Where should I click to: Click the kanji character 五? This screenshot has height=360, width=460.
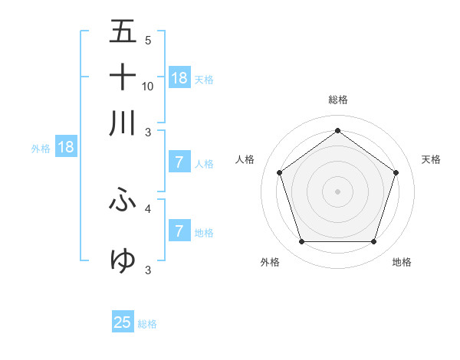pyautogui.click(x=123, y=32)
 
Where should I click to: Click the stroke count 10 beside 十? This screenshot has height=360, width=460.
pyautogui.click(x=148, y=86)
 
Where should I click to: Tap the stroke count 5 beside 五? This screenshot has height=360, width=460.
pyautogui.click(x=148, y=41)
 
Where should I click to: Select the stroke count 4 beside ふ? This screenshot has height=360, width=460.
pyautogui.click(x=148, y=208)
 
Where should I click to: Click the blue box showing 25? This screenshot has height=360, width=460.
pyautogui.click(x=123, y=322)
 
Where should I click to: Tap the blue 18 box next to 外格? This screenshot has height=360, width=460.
pyautogui.click(x=66, y=147)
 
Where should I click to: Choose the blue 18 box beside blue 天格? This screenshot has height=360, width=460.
pyautogui.click(x=179, y=77)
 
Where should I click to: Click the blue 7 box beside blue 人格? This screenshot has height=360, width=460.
pyautogui.click(x=179, y=162)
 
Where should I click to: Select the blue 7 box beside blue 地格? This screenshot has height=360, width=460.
pyautogui.click(x=179, y=231)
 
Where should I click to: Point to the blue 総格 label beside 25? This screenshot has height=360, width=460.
pyautogui.click(x=147, y=324)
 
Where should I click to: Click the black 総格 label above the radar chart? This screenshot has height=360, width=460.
pyautogui.click(x=337, y=100)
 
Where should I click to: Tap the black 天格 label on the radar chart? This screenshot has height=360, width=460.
pyautogui.click(x=431, y=159)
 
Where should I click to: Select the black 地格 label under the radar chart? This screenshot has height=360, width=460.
pyautogui.click(x=402, y=263)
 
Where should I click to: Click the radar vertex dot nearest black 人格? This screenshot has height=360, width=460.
pyautogui.click(x=279, y=173)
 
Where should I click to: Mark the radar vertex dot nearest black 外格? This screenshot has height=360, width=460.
pyautogui.click(x=301, y=242)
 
